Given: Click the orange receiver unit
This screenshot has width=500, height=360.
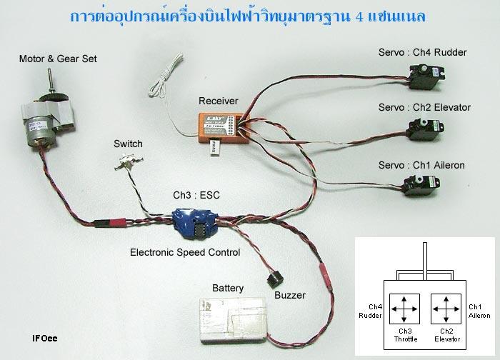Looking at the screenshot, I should pyautogui.click(x=220, y=129).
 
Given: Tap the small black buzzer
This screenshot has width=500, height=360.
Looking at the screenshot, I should pyautogui.click(x=272, y=276).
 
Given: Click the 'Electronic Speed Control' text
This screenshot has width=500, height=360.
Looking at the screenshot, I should pyautogui.click(x=185, y=252).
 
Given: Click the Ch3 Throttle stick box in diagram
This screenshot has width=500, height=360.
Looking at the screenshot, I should pyautogui.click(x=405, y=309).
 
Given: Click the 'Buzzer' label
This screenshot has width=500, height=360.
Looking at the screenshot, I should pyautogui.click(x=289, y=295).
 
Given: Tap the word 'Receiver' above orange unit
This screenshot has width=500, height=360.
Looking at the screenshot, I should pyautogui.click(x=219, y=101).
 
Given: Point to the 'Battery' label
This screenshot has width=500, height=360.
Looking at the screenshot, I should pyautogui.click(x=228, y=288).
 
